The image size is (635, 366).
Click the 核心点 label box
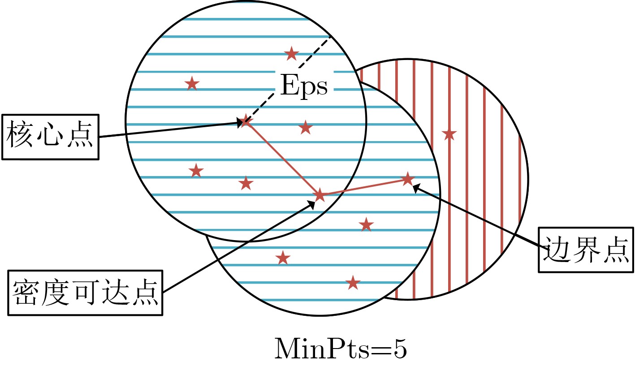click(x=51, y=137)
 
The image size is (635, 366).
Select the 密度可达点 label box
click(x=85, y=293)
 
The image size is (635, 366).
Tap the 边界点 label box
click(x=586, y=250)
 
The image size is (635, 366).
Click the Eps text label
click(x=304, y=85)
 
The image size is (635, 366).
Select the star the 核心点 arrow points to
click(x=246, y=121)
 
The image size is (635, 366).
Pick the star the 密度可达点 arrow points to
click(x=320, y=195)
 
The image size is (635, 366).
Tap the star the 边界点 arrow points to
click(x=408, y=179)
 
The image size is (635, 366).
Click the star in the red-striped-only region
click(x=449, y=134)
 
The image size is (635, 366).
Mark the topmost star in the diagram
click(x=291, y=54)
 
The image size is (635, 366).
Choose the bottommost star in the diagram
click(x=353, y=283)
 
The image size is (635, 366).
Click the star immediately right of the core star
click(x=305, y=128)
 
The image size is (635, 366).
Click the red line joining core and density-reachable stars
click(x=283, y=158)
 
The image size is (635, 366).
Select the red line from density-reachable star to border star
click(x=363, y=187)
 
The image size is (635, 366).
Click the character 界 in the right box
click(x=586, y=250)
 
